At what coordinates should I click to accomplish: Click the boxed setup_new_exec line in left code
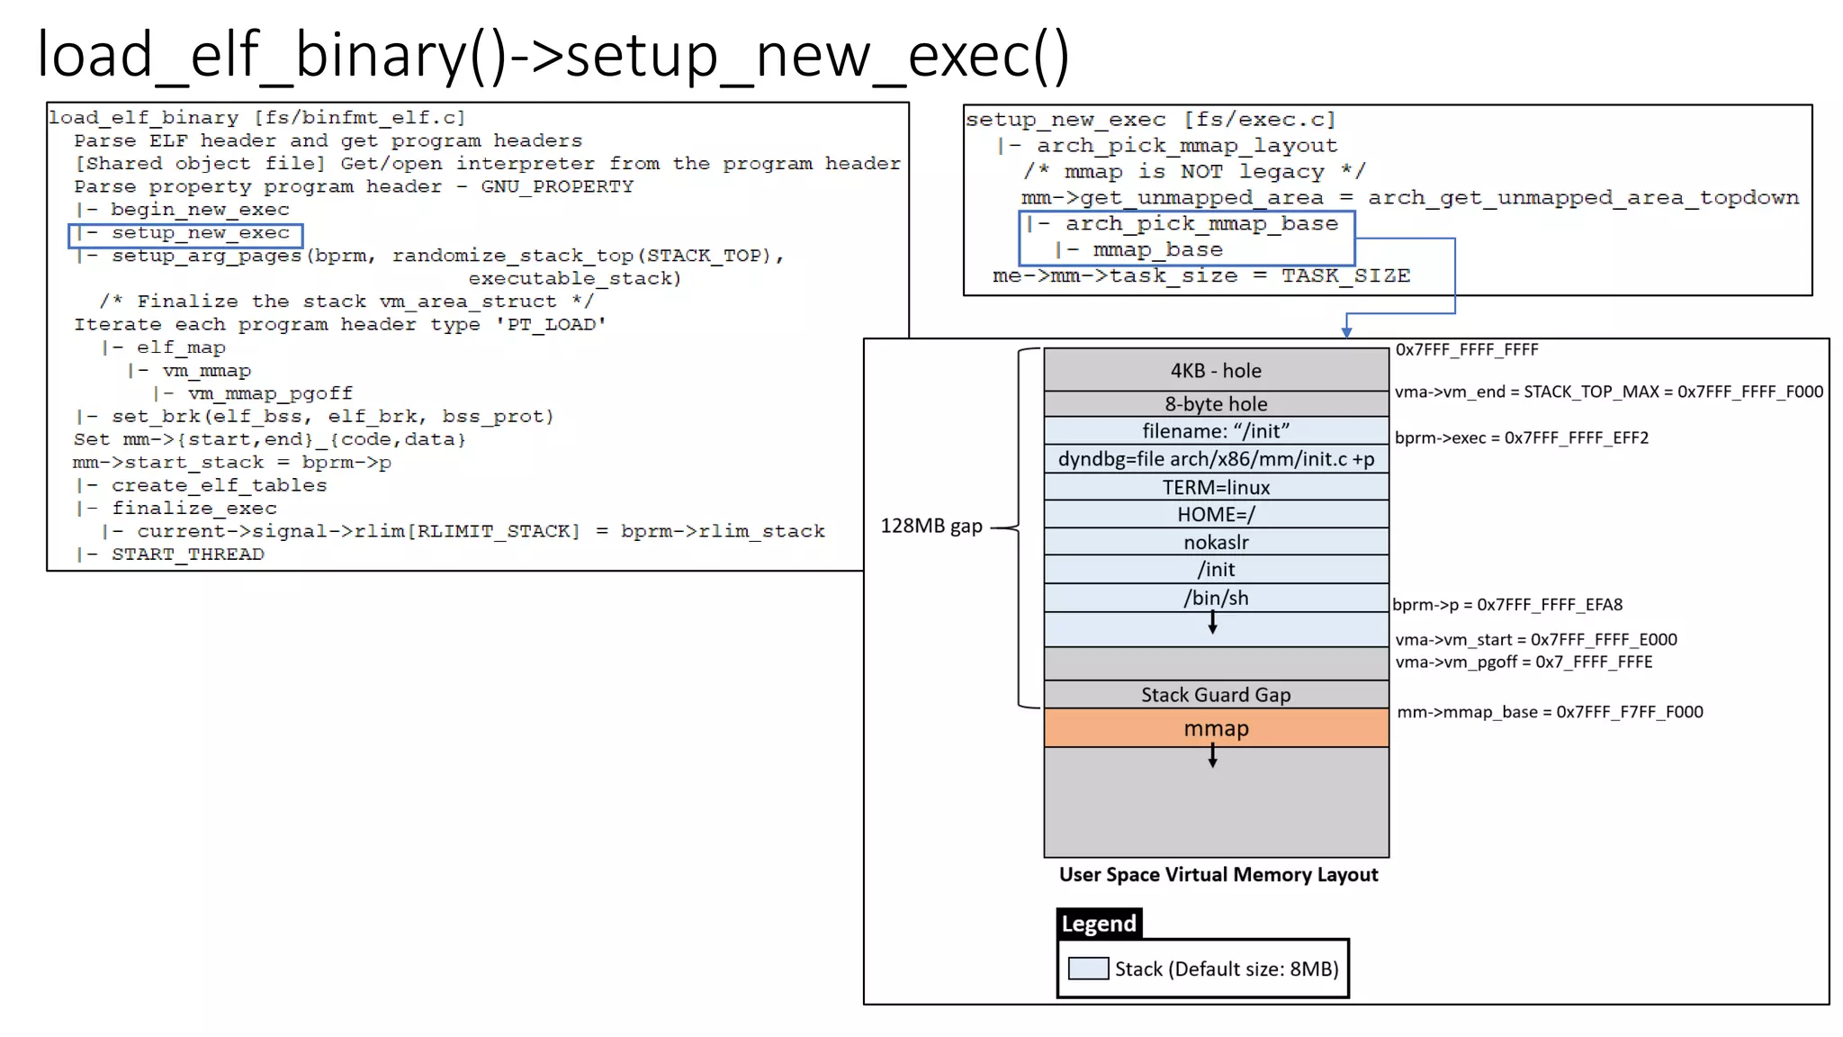click(185, 234)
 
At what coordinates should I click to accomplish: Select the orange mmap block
click(1216, 728)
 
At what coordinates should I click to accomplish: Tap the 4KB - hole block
click(1216, 370)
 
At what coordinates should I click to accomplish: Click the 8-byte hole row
click(1216, 403)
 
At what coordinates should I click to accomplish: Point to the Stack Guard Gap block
click(1216, 694)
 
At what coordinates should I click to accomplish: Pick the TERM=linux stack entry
click(1216, 487)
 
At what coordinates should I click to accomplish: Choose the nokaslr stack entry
click(1216, 542)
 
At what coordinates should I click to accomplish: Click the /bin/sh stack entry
click(1216, 598)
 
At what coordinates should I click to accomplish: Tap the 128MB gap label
click(930, 526)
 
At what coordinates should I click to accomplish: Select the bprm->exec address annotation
click(1521, 437)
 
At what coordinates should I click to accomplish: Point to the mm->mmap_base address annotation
click(1549, 712)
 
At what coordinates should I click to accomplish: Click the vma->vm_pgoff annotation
click(1523, 662)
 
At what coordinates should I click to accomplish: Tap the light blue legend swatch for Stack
click(1087, 969)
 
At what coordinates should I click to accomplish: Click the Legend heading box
click(1098, 924)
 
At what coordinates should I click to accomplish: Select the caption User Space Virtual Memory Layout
click(1218, 874)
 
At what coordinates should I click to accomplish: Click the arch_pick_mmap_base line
click(1186, 224)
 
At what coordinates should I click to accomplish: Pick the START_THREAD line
click(187, 555)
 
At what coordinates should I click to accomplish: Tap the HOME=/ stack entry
click(1216, 514)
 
